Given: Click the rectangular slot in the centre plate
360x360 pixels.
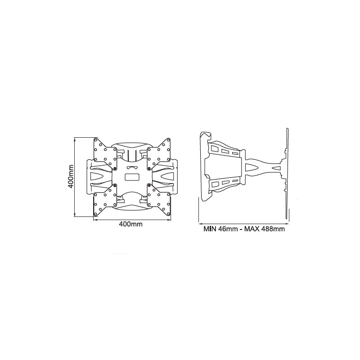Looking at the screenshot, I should click(x=131, y=176).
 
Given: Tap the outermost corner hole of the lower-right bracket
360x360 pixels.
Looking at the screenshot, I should click(x=170, y=215).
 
